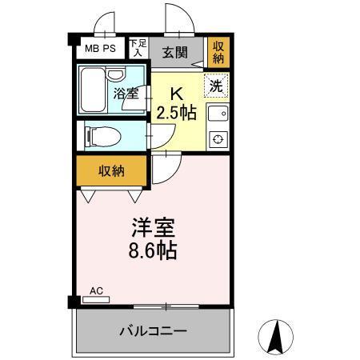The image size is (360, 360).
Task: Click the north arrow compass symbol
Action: [278, 335]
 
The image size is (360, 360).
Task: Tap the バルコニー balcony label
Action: [153, 330]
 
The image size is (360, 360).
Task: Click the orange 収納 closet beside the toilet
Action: [111, 170]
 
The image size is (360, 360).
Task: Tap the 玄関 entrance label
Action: [174, 53]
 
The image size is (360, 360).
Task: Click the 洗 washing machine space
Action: [215, 84]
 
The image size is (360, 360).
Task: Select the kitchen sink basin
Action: [217, 114]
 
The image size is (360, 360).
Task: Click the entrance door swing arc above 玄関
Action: [177, 20]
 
